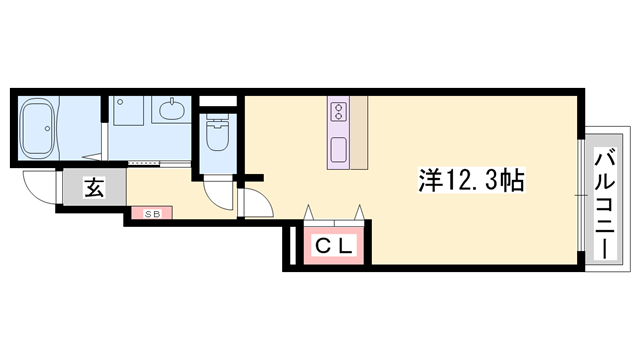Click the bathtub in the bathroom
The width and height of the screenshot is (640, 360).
click(x=38, y=128)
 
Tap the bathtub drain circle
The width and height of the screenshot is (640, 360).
click(x=47, y=129)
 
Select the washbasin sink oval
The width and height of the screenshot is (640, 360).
click(x=171, y=109)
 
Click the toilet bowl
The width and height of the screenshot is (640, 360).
click(x=217, y=136)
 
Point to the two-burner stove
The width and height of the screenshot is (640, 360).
click(x=338, y=111)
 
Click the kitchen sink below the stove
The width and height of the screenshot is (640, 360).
click(x=338, y=150)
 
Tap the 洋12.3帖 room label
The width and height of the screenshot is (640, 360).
click(x=471, y=180)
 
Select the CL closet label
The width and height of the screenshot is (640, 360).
click(x=334, y=246)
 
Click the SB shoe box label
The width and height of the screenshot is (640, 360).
click(x=151, y=213)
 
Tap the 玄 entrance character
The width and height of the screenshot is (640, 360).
click(x=94, y=187)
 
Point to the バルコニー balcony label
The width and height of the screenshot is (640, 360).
click(x=605, y=205)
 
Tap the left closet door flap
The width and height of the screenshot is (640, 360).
click(x=308, y=213)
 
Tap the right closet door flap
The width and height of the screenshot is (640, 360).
click(x=359, y=213)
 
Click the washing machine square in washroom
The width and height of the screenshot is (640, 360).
click(x=128, y=111)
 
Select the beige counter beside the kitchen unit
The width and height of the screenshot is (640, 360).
click(x=359, y=133)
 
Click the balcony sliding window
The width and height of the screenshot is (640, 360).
click(x=581, y=195)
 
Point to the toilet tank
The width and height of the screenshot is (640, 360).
click(x=217, y=117)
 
